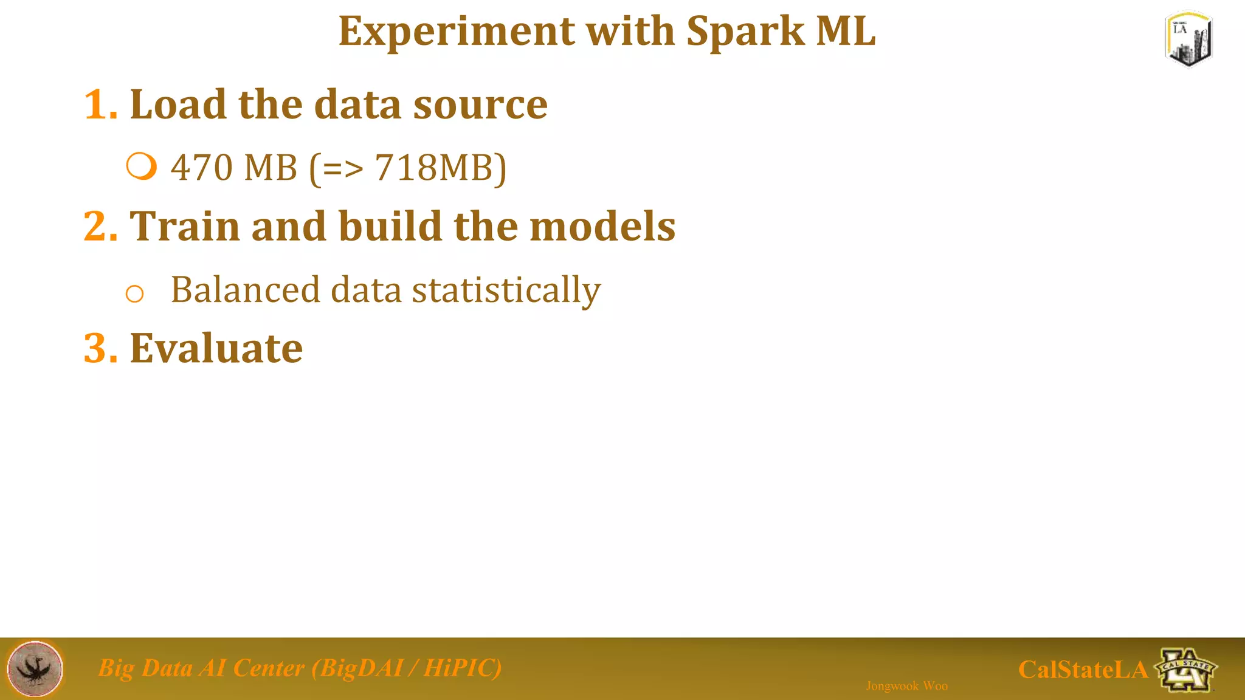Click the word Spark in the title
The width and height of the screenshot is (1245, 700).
pyautogui.click(x=745, y=32)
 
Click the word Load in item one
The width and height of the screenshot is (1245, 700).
pyautogui.click(x=179, y=105)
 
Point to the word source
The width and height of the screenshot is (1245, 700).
pyautogui.click(x=480, y=105)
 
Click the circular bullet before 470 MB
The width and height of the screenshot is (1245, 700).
pyautogui.click(x=142, y=166)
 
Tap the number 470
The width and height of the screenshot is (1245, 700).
pyautogui.click(x=200, y=168)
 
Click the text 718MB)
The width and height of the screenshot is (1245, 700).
pyautogui.click(x=440, y=168)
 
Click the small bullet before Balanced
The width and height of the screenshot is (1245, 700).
pyautogui.click(x=134, y=294)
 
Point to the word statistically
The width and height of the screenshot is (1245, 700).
pyautogui.click(x=506, y=290)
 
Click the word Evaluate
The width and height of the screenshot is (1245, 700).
pyautogui.click(x=216, y=349)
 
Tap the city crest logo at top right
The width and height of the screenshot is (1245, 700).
pyautogui.click(x=1188, y=39)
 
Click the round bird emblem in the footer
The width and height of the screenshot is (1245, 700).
pyautogui.click(x=35, y=668)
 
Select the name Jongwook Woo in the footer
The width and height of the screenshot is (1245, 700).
pyautogui.click(x=906, y=686)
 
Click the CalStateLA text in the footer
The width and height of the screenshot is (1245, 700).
pyautogui.click(x=1082, y=670)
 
